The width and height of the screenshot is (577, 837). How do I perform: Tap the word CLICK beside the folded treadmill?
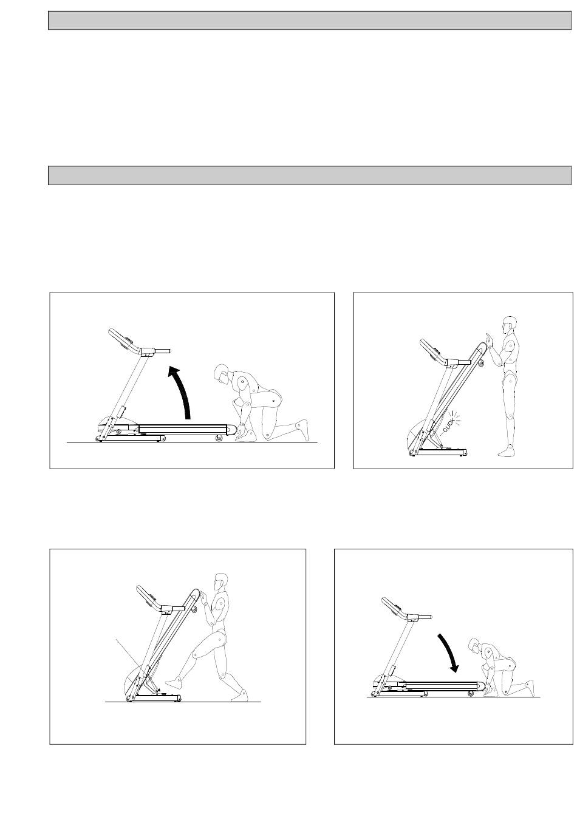click(x=448, y=425)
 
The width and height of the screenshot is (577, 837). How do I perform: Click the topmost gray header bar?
click(x=310, y=20)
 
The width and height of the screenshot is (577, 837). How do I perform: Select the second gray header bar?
click(x=310, y=175)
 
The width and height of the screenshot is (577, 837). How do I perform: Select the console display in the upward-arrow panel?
click(x=125, y=341)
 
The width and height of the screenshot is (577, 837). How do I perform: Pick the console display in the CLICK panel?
click(x=434, y=351)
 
